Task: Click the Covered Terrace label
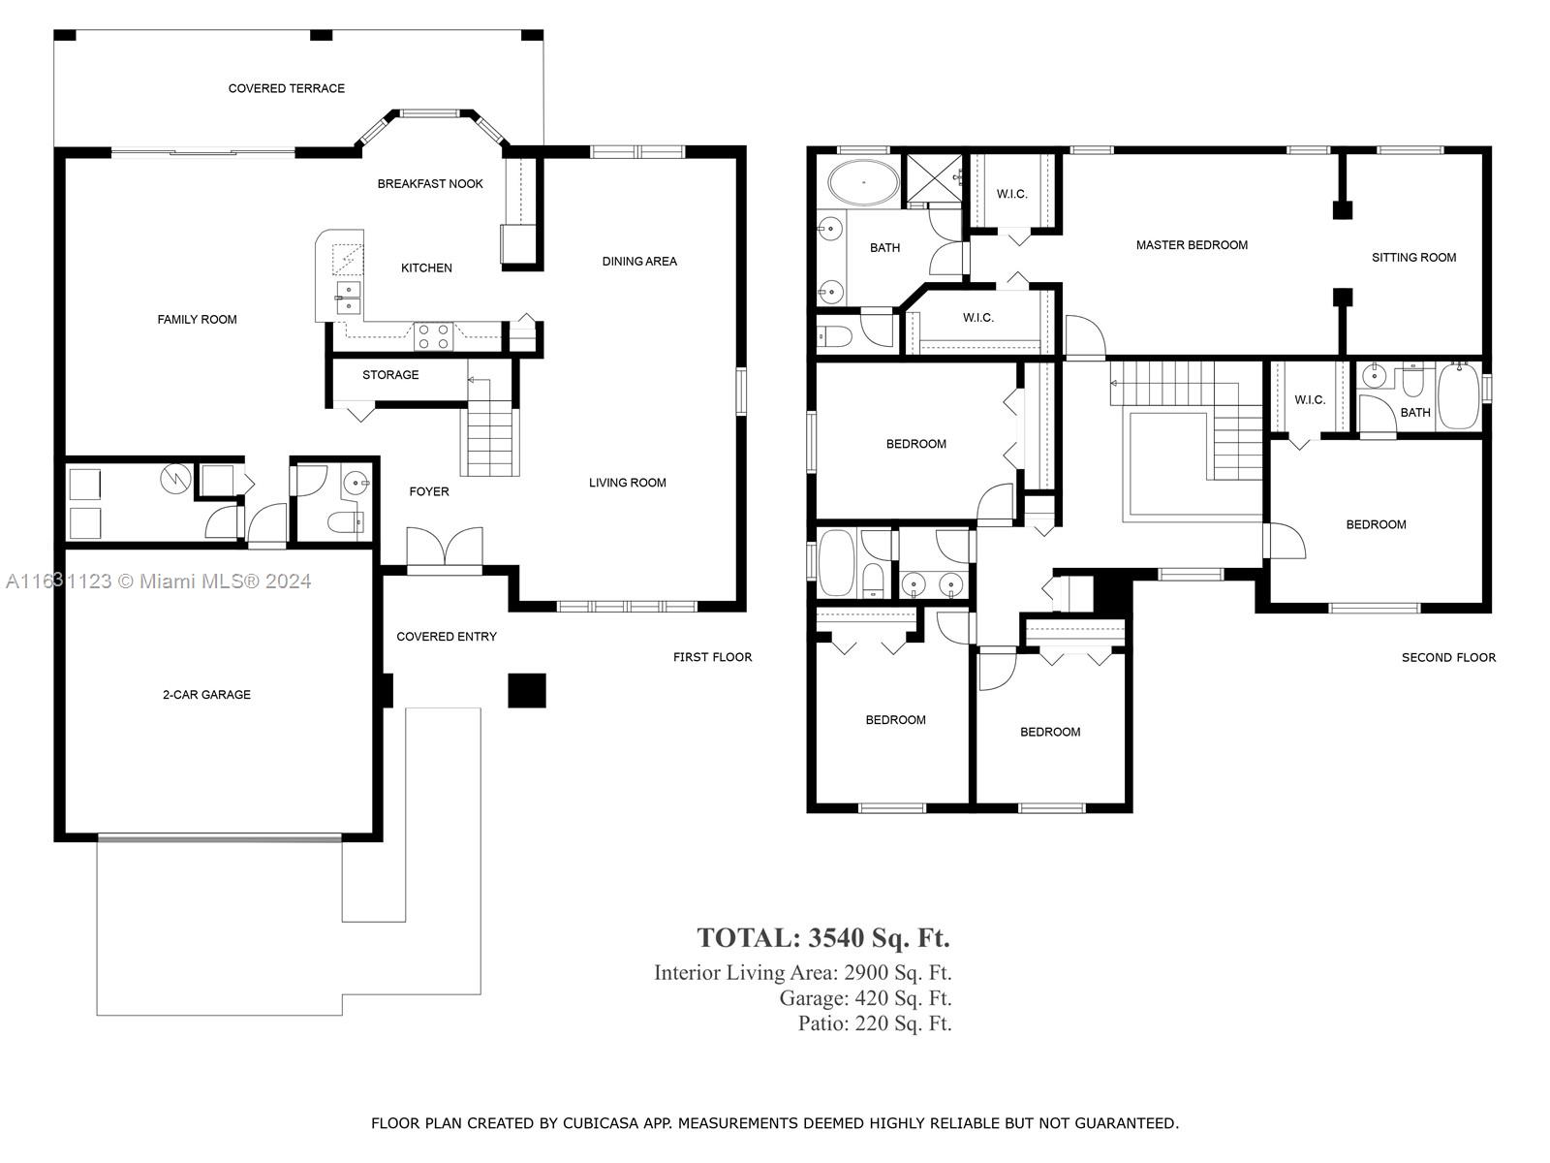(287, 88)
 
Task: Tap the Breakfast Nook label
(430, 183)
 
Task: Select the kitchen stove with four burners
(434, 336)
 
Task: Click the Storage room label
(390, 375)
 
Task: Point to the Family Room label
(197, 320)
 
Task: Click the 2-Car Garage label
(207, 695)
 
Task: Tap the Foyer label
(429, 491)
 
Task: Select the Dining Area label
(639, 262)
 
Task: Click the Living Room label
(628, 483)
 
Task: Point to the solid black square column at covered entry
(527, 691)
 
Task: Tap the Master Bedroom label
(1192, 245)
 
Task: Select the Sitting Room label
(1413, 258)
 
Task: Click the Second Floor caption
(1448, 657)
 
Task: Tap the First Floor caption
(712, 657)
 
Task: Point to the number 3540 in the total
(836, 938)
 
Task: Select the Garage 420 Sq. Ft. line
(865, 998)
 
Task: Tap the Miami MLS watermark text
(158, 581)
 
